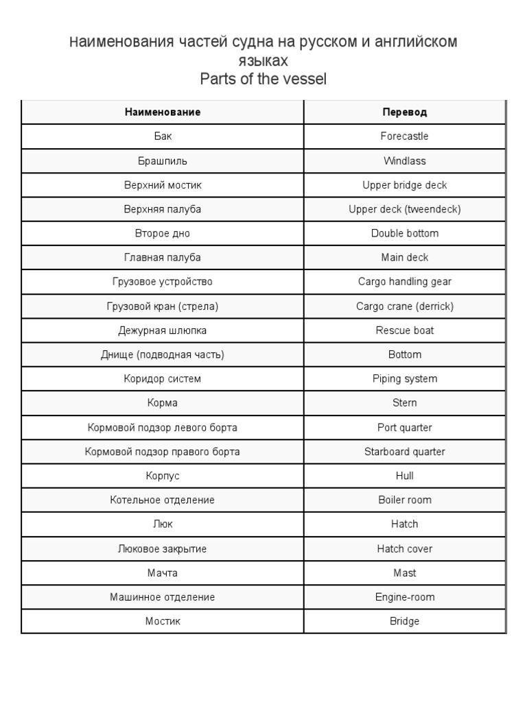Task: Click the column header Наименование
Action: pos(163,112)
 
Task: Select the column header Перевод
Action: pos(404,112)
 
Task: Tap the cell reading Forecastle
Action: pos(404,136)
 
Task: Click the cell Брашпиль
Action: pos(163,161)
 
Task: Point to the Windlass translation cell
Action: pos(404,161)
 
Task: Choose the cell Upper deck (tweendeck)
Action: pos(404,209)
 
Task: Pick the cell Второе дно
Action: pos(163,234)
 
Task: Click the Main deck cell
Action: pos(404,258)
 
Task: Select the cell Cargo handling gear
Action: pos(404,282)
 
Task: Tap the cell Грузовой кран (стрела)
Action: pos(163,306)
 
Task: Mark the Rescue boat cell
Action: pos(404,330)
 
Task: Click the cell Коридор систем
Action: pos(163,379)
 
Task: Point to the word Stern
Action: pos(404,403)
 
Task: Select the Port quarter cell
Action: pos(404,428)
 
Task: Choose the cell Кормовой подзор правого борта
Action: pos(163,452)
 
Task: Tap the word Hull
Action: pos(404,476)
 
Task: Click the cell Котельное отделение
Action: pos(163,500)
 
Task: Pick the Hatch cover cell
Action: pos(404,549)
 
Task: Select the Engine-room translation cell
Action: pos(404,597)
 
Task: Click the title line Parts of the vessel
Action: pos(263,80)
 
